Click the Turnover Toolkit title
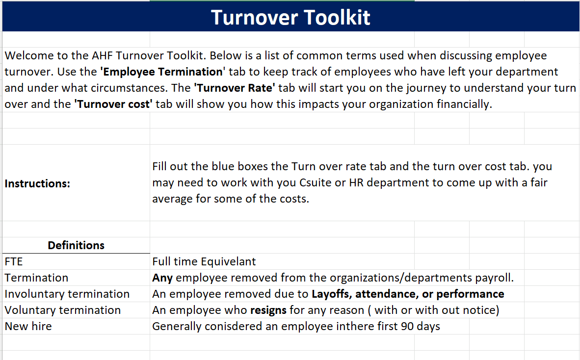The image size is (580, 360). click(x=290, y=18)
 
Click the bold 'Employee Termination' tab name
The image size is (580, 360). click(x=162, y=72)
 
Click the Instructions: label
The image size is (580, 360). click(x=37, y=183)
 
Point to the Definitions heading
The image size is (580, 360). click(x=76, y=245)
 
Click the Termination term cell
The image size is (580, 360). click(x=36, y=278)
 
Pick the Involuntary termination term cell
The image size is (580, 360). click(x=67, y=294)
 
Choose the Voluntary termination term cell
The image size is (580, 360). click(x=63, y=310)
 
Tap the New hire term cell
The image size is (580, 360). click(x=28, y=326)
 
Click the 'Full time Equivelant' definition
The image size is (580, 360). click(x=204, y=261)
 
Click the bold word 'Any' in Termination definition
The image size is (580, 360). click(x=162, y=278)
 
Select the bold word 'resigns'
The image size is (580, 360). click(x=267, y=310)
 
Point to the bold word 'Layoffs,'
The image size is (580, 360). click(x=332, y=294)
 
